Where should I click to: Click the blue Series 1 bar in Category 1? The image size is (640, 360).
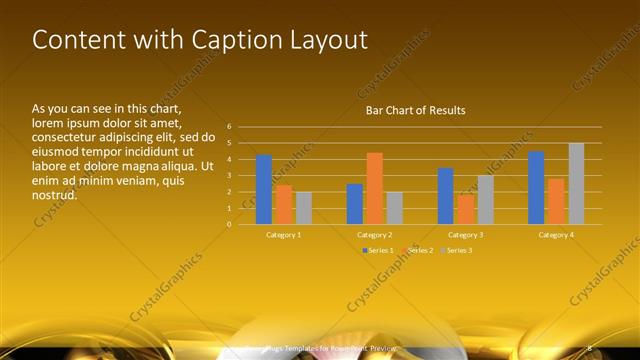[264, 190]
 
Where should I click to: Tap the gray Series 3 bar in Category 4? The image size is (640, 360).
[576, 184]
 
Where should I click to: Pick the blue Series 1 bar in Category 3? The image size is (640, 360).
[446, 196]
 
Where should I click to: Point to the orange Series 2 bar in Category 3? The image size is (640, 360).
[466, 209]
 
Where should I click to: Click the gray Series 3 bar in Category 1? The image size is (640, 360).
[304, 208]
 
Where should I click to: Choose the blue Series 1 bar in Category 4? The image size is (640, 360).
[536, 188]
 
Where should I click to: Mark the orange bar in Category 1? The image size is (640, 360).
[284, 204]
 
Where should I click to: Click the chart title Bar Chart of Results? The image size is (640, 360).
[415, 110]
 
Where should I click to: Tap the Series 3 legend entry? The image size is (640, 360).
[459, 249]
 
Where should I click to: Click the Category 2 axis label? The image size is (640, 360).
[374, 234]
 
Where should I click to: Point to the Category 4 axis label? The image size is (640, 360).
[556, 234]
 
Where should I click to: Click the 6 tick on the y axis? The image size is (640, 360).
[229, 127]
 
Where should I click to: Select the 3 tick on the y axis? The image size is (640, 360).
[229, 175]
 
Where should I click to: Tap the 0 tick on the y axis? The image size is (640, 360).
[229, 224]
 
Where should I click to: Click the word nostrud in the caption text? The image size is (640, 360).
[55, 194]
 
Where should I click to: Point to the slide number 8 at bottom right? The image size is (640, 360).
[589, 347]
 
